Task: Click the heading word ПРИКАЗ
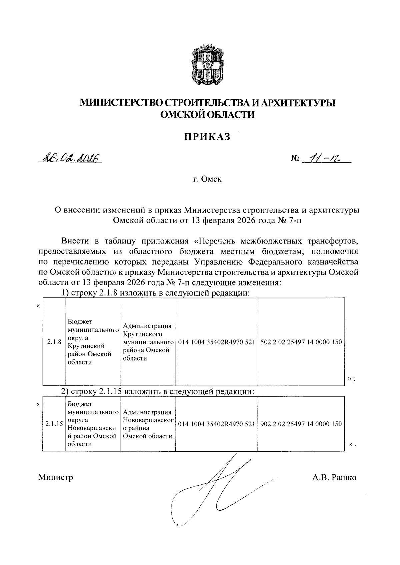pos(207,137)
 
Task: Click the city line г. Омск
pos(207,180)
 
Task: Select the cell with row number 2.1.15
pos(54,424)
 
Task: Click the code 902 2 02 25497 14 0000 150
pos(301,424)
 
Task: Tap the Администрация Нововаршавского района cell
pos(148,424)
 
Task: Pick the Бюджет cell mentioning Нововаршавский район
pos(93,424)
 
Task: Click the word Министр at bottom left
pos(56,477)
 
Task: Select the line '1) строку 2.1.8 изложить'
pos(156,293)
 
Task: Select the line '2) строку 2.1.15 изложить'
pos(158,392)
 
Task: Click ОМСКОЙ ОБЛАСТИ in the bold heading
pos(207,115)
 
